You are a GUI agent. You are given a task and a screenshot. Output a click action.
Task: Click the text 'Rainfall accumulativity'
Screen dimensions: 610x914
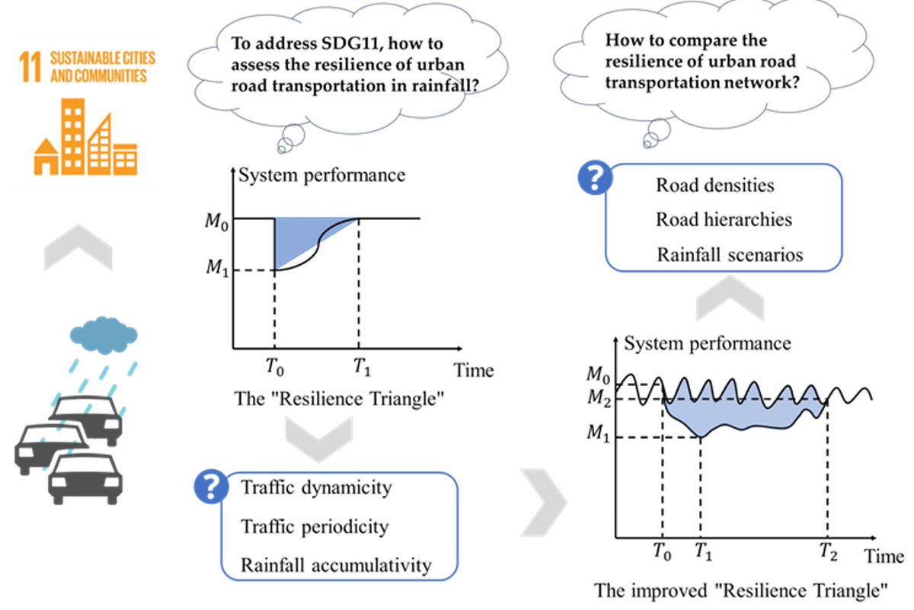click(x=336, y=564)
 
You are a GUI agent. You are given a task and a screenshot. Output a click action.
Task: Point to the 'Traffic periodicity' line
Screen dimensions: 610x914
click(x=315, y=526)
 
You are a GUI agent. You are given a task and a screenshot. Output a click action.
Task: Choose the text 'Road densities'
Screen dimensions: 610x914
click(x=714, y=185)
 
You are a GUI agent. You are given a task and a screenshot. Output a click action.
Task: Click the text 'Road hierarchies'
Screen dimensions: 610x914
click(x=724, y=219)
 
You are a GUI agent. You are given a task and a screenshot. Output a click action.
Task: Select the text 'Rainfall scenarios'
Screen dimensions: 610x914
click(x=730, y=254)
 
